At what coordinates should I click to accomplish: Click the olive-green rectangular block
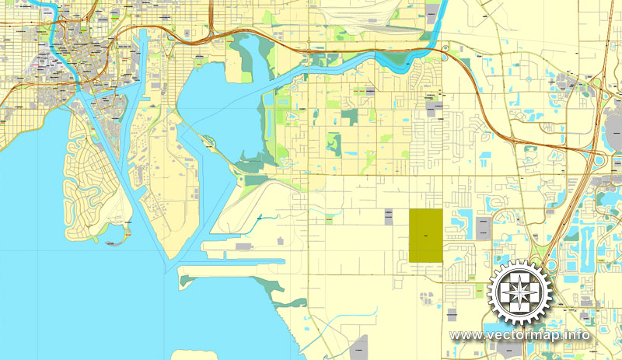click(425, 236)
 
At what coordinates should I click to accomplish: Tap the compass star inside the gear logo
click(519, 292)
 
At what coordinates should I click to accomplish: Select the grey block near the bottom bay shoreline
click(358, 347)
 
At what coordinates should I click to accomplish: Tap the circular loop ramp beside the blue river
click(445, 53)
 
